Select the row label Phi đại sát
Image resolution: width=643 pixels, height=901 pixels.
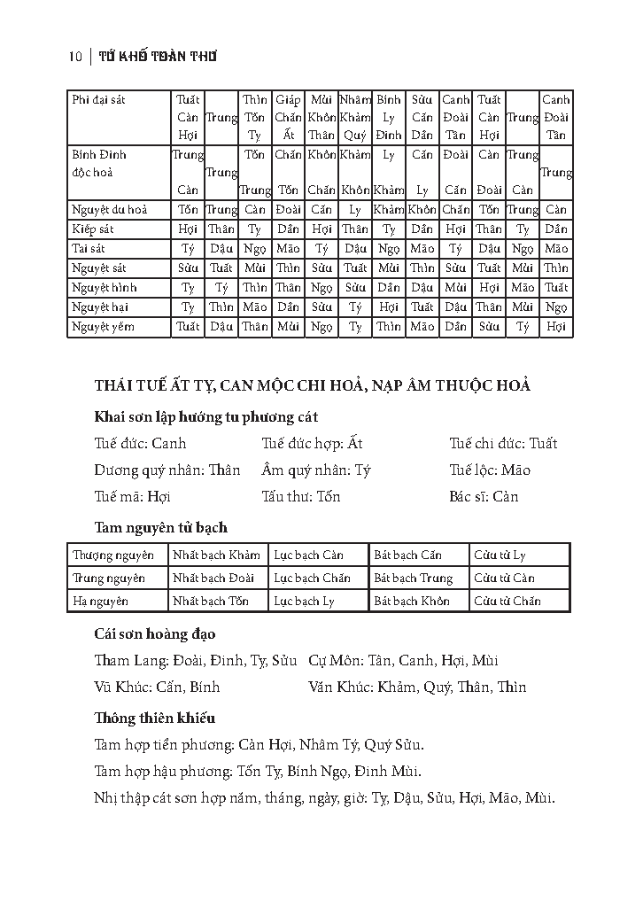[98, 100]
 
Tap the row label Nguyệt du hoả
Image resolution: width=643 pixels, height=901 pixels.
[109, 210]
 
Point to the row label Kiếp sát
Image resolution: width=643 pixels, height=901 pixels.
[93, 229]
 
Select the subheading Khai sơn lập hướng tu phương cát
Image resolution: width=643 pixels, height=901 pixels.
[206, 416]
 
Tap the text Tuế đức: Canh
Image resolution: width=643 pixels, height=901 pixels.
[140, 443]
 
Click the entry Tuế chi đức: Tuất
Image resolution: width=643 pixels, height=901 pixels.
[503, 443]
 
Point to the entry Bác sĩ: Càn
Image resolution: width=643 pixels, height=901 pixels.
[484, 496]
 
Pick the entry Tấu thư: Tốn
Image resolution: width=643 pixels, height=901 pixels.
[301, 496]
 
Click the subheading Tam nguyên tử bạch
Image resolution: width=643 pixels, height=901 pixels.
[161, 527]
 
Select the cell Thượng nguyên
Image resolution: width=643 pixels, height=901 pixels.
[113, 555]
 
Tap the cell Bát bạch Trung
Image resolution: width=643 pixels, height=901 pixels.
[413, 579]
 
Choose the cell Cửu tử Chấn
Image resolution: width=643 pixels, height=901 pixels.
[507, 602]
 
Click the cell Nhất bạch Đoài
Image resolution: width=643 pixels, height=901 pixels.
[213, 579]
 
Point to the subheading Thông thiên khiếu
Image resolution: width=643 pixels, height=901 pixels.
[155, 718]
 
